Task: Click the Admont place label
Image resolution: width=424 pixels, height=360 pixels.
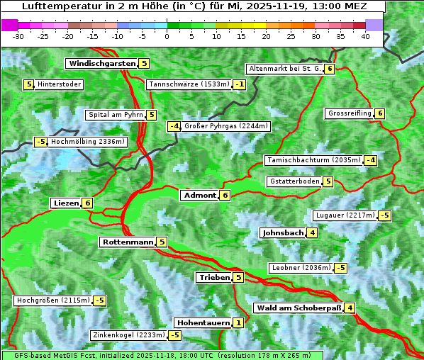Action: click(x=199, y=196)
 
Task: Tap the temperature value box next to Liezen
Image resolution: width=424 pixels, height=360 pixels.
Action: click(x=87, y=203)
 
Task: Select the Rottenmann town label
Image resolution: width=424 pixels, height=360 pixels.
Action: click(x=128, y=242)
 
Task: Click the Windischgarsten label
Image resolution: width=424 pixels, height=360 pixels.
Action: click(x=101, y=64)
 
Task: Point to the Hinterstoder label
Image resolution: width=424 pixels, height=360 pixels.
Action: click(x=60, y=85)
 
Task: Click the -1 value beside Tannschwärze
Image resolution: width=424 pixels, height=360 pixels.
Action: click(x=240, y=85)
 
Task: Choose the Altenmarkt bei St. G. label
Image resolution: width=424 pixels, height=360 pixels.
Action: click(x=284, y=69)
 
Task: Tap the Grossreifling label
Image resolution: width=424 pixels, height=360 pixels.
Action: click(x=350, y=113)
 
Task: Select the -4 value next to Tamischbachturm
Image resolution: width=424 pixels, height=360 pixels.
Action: click(x=370, y=160)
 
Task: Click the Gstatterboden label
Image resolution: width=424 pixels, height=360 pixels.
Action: click(x=294, y=181)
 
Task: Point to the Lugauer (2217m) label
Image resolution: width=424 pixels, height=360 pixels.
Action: click(x=345, y=215)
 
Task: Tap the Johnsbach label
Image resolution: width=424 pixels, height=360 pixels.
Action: click(x=284, y=232)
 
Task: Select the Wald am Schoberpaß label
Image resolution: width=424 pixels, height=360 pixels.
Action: click(x=299, y=308)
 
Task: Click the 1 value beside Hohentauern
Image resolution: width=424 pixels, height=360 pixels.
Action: click(x=238, y=323)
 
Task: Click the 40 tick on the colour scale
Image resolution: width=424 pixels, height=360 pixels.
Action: click(x=365, y=36)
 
